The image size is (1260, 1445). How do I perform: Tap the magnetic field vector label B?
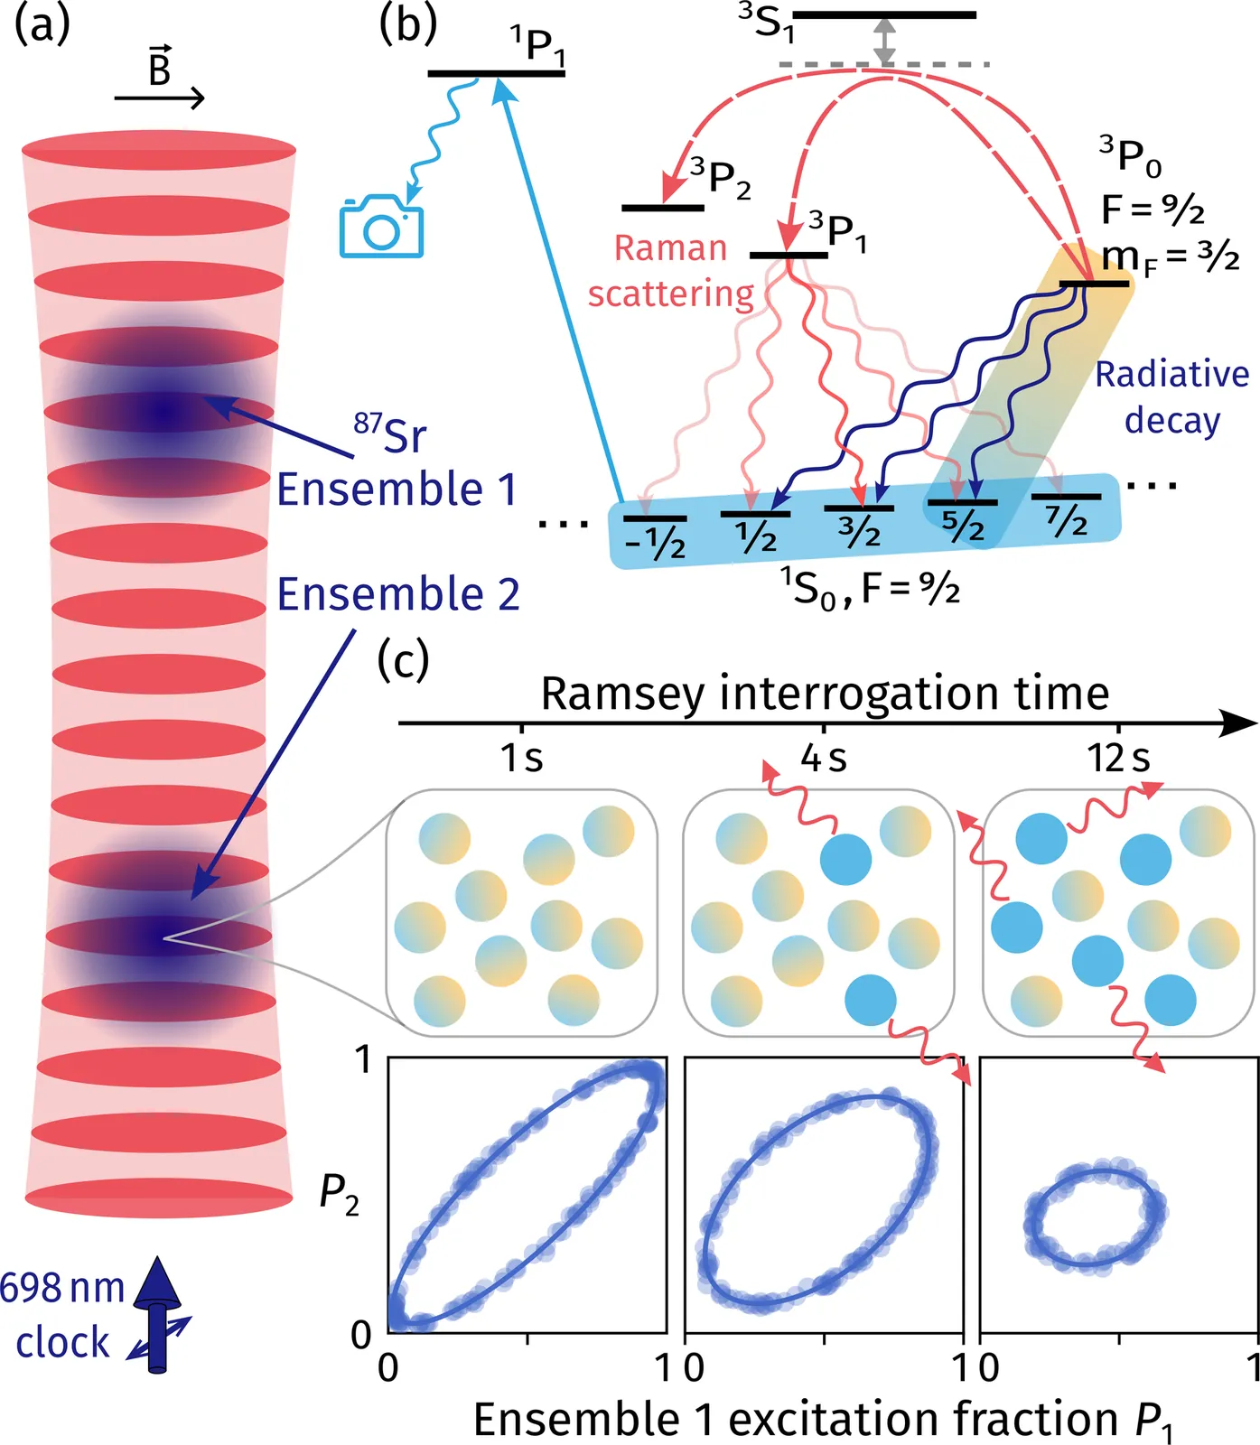click(x=160, y=67)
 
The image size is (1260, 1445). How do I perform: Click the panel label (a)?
click(x=42, y=26)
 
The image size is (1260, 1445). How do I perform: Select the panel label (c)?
click(x=403, y=660)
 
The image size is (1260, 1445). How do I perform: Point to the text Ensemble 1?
click(x=397, y=489)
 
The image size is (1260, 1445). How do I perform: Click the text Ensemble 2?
click(x=398, y=594)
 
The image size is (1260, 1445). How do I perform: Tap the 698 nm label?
click(x=61, y=1289)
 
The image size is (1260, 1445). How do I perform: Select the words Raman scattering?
click(x=670, y=271)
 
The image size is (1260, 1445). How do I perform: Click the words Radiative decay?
click(x=1172, y=397)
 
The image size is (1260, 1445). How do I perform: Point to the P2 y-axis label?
click(x=339, y=1195)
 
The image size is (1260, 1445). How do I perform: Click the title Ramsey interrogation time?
click(x=825, y=694)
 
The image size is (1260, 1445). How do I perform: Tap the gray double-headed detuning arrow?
click(x=885, y=42)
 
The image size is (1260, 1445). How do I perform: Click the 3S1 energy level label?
click(x=766, y=23)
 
